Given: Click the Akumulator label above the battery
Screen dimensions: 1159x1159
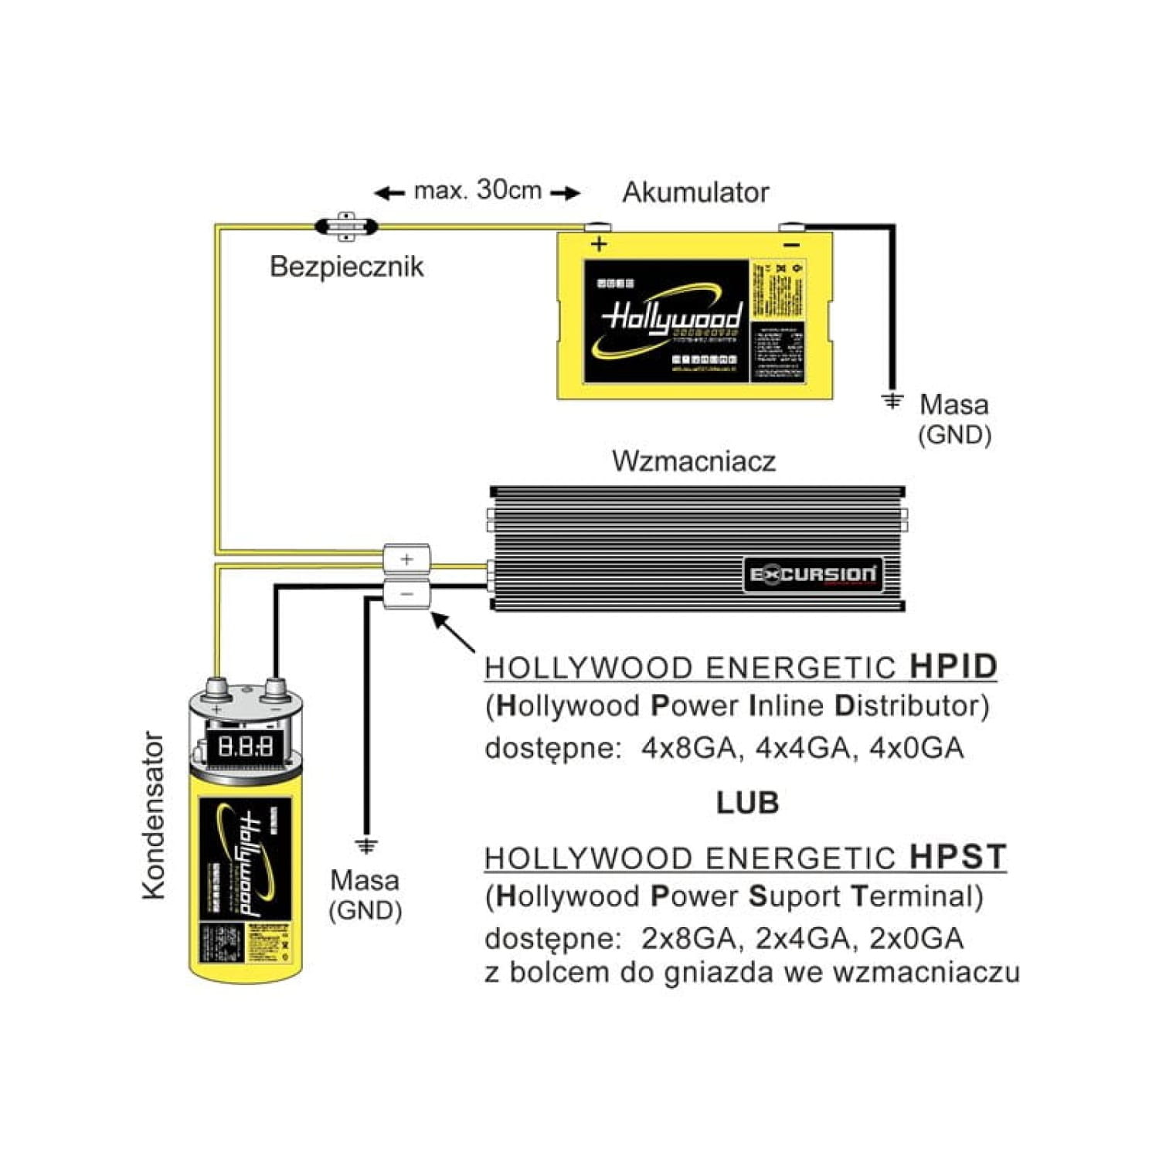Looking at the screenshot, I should click(x=695, y=192).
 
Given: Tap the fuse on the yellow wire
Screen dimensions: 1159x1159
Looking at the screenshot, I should click(x=346, y=226).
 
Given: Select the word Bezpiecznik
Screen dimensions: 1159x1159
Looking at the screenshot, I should click(x=346, y=267).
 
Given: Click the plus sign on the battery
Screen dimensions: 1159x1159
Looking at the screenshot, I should click(x=599, y=245).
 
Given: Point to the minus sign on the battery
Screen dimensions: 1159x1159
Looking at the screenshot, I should click(x=792, y=245).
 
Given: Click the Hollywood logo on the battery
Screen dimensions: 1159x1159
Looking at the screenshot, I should click(x=671, y=317).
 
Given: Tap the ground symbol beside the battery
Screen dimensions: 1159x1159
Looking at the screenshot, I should click(x=892, y=402).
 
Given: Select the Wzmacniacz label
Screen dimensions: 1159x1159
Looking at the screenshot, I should click(x=693, y=461).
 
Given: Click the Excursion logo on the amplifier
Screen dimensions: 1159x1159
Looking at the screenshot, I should click(x=813, y=575).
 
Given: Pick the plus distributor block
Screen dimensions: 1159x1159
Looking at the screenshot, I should click(x=407, y=558).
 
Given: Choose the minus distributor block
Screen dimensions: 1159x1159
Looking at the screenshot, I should click(x=407, y=593).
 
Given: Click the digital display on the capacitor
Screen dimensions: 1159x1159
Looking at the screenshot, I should click(x=245, y=746).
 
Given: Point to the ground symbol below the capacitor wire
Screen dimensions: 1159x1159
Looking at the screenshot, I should click(x=366, y=845).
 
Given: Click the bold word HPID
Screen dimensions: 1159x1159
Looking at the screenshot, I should click(x=953, y=667).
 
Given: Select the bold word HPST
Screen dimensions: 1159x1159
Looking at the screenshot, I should click(x=957, y=857).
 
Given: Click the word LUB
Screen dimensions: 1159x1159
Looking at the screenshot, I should click(x=747, y=804).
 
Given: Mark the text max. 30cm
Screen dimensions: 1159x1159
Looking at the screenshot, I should click(x=478, y=190).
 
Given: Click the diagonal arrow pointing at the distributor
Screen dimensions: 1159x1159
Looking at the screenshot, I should click(x=454, y=633).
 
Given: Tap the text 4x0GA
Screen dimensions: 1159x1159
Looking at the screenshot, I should click(x=917, y=748).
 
